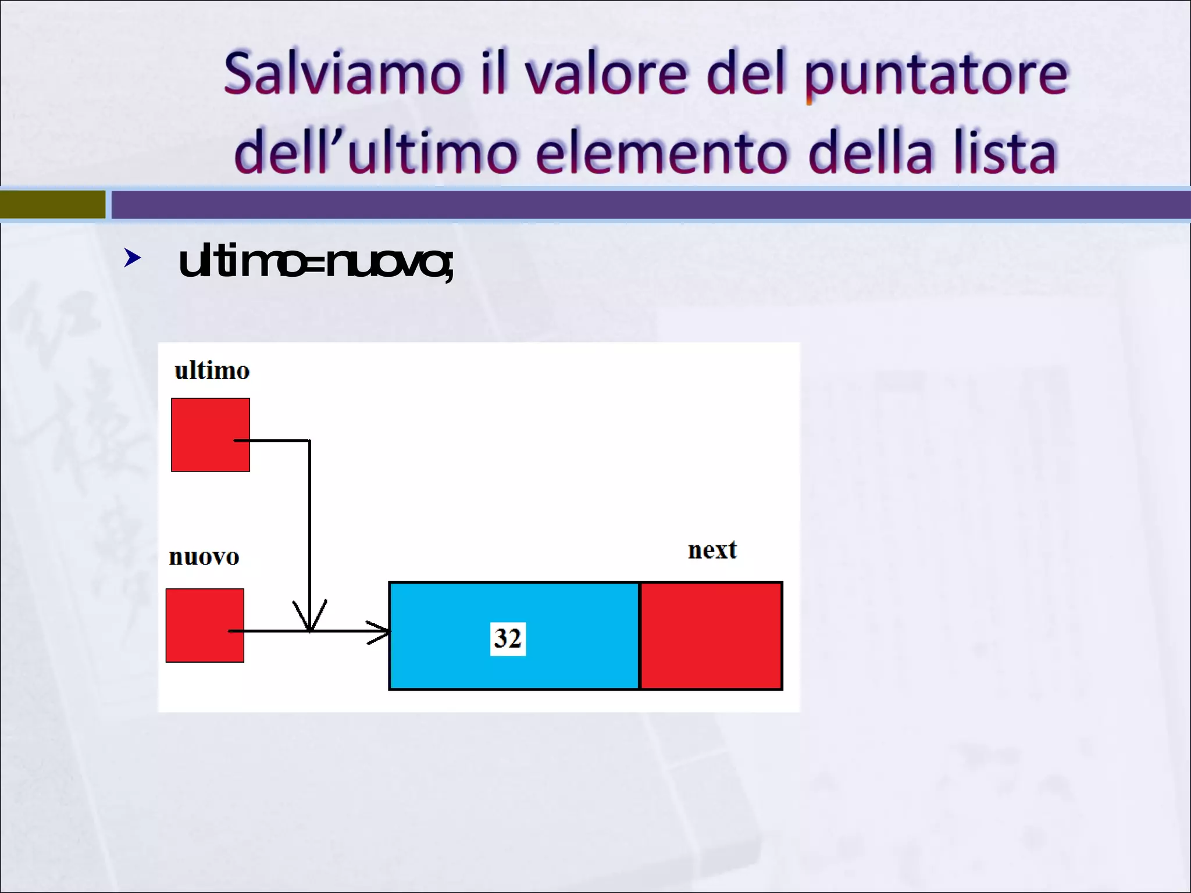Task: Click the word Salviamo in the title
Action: (343, 74)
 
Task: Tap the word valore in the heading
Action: (605, 74)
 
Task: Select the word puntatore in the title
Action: (936, 76)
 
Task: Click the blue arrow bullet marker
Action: (133, 258)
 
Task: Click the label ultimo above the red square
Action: (212, 371)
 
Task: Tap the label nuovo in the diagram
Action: (204, 557)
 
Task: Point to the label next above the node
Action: (712, 550)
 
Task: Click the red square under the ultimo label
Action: (211, 435)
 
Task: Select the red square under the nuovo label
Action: (205, 626)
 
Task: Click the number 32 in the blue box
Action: (508, 638)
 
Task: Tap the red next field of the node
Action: (711, 636)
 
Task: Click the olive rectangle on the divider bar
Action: (52, 205)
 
